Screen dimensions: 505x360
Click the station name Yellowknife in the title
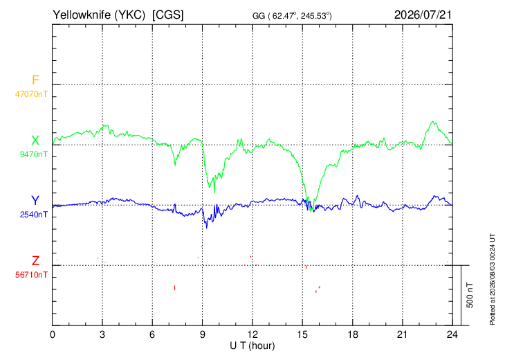point(82,15)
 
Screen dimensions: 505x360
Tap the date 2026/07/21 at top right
point(423,15)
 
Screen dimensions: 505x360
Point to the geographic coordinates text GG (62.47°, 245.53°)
point(292,16)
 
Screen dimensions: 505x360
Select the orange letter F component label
point(35,80)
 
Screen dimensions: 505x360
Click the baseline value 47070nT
point(31,94)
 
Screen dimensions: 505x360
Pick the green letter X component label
point(35,141)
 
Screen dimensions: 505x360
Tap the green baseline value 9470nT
point(33,154)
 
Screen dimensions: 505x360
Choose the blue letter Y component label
point(35,201)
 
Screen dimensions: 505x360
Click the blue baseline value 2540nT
point(33,215)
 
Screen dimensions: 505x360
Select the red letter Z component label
point(35,260)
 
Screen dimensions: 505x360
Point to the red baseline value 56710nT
point(31,275)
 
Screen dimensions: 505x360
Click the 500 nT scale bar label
point(470,295)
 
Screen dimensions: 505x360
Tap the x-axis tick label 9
point(202,335)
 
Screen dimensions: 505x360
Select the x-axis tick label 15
point(302,335)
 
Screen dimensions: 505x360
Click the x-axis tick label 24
point(452,335)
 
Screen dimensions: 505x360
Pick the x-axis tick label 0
point(53,335)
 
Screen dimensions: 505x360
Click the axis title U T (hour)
point(252,346)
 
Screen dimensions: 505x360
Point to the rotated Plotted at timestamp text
point(492,279)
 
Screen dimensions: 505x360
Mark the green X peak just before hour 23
point(433,122)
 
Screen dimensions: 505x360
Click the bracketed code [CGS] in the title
point(168,15)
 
